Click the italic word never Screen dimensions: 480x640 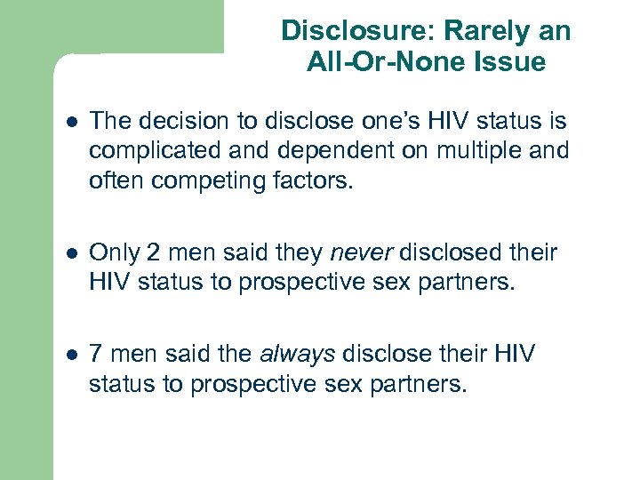[x=362, y=253]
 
